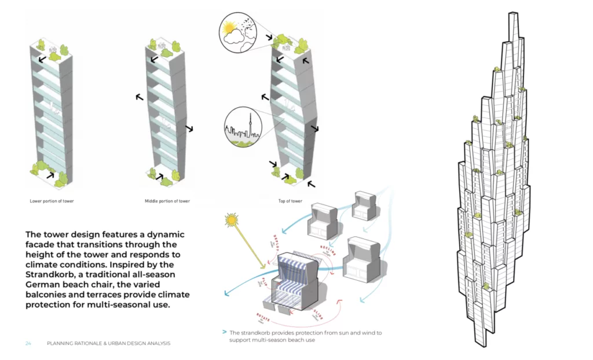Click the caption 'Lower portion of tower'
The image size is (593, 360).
click(52, 201)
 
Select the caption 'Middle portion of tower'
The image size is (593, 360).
click(167, 201)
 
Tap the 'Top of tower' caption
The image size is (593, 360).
click(290, 201)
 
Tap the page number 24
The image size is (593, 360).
click(28, 344)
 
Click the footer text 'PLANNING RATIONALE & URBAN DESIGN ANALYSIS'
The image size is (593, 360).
click(109, 344)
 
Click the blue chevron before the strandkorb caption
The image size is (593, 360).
click(224, 333)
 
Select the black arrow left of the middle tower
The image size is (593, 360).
click(140, 98)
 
